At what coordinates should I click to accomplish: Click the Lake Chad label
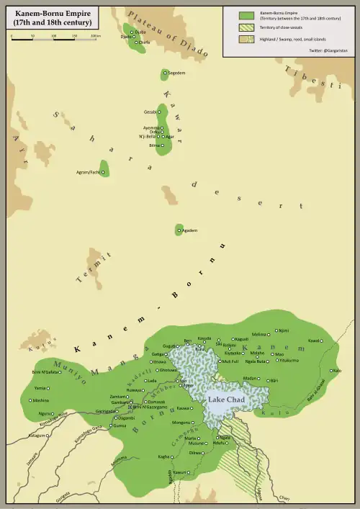point(226,400)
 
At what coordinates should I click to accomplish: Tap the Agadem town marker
point(179,230)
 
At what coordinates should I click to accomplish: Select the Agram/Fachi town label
point(87,172)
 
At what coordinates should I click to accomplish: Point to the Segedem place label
point(176,73)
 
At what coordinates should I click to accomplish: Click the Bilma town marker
point(162,145)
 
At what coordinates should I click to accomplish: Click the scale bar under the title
point(55,38)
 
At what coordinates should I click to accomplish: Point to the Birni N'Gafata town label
point(46,371)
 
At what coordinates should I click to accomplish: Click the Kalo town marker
point(332,371)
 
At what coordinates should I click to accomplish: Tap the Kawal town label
point(313,341)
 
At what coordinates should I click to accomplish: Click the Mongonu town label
point(181,422)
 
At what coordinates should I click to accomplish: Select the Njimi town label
point(284,331)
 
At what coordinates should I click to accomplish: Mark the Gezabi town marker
point(161,112)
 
